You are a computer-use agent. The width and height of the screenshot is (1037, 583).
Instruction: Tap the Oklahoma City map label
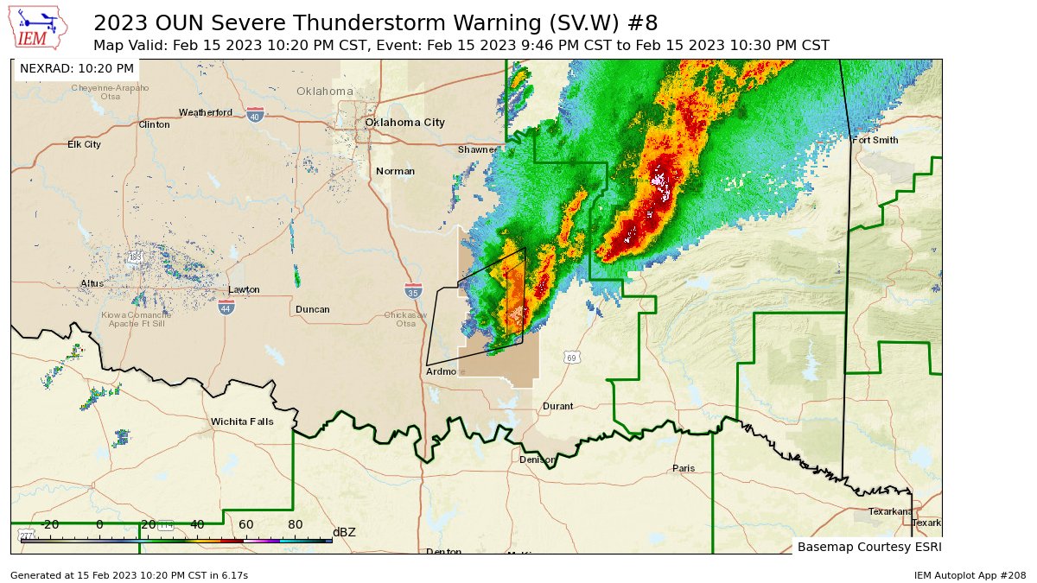[x=404, y=123]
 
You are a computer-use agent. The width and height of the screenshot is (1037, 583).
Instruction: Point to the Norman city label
[x=395, y=171]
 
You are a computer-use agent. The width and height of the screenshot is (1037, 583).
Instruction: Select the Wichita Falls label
[x=242, y=422]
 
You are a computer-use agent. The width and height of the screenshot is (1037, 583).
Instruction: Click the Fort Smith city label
[x=875, y=140]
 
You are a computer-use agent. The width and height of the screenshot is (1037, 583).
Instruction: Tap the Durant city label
[x=557, y=406]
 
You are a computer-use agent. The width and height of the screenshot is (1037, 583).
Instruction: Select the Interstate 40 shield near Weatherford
[x=254, y=116]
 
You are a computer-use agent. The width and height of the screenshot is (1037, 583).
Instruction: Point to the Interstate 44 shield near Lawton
[x=226, y=307]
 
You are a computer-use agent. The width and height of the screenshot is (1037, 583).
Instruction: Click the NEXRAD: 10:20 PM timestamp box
[x=77, y=68]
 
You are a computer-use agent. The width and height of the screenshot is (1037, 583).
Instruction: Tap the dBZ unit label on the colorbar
[x=344, y=532]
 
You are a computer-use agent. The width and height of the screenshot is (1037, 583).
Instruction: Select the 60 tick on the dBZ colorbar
[x=246, y=524]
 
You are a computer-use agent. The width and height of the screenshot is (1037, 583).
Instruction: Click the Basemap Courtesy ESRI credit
[x=868, y=547]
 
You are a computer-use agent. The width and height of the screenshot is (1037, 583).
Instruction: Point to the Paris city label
[x=684, y=468]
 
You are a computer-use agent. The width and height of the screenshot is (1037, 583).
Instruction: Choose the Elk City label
[x=85, y=144]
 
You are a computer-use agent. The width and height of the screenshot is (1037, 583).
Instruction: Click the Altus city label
[x=92, y=283]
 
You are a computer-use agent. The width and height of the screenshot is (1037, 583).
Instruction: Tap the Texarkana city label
[x=891, y=511]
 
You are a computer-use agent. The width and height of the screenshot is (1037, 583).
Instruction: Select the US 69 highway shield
[x=572, y=358]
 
